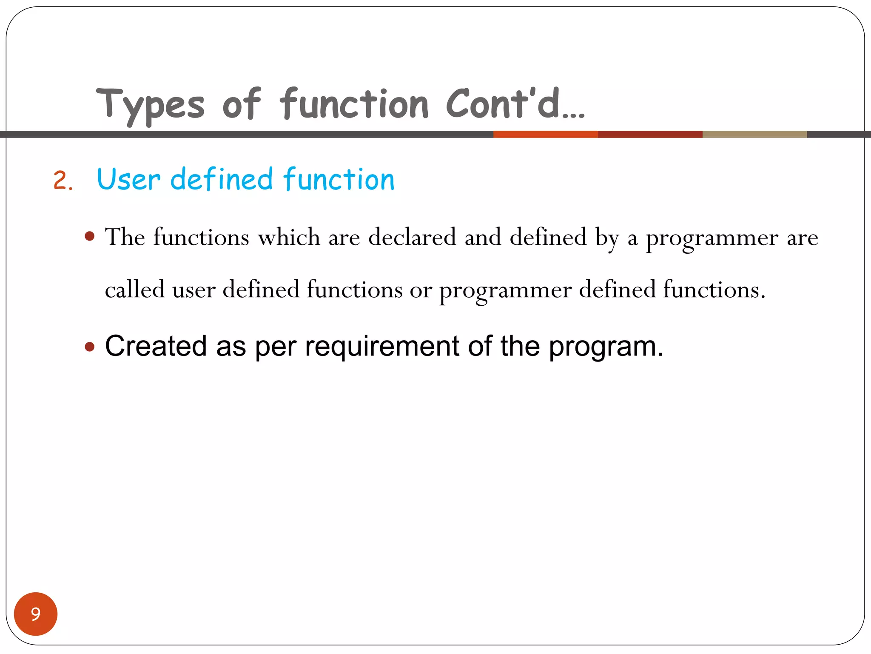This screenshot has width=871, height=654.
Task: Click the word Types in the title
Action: [150, 105]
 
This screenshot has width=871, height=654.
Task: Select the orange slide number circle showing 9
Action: [36, 614]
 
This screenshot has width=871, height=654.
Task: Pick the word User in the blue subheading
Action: [128, 179]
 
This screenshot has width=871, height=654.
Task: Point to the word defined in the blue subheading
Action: [221, 179]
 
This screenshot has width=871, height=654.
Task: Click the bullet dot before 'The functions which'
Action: [89, 236]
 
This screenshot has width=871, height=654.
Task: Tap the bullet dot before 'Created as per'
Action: [89, 347]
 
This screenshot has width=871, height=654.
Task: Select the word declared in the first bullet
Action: [412, 237]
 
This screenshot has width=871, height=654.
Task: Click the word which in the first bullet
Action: [289, 237]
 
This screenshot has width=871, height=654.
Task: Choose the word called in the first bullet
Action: [134, 290]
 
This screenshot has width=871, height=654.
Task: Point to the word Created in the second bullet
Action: [156, 346]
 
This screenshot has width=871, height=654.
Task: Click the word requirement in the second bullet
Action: [382, 346]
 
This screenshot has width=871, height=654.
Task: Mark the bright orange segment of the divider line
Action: [545, 135]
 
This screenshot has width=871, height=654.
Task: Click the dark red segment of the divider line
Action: [650, 135]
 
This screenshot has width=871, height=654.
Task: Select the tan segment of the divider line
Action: [754, 135]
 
